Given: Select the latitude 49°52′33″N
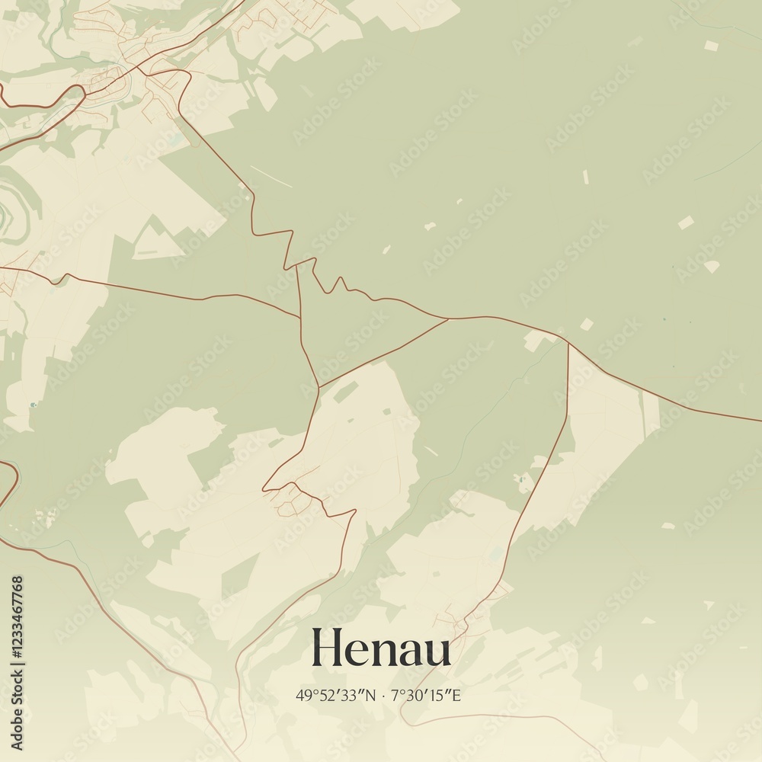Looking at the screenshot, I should pyautogui.click(x=336, y=695).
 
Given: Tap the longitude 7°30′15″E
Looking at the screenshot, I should pyautogui.click(x=427, y=695).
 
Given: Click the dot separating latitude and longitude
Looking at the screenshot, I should pyautogui.click(x=383, y=695).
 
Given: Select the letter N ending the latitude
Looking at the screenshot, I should pyautogui.click(x=371, y=695).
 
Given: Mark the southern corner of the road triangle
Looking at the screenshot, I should pyautogui.click(x=319, y=386).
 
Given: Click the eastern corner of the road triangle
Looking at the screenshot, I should pyautogui.click(x=448, y=319).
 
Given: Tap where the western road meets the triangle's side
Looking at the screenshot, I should pyautogui.click(x=299, y=318).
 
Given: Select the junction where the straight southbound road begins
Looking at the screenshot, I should pyautogui.click(x=568, y=344).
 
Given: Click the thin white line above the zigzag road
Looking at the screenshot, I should pyautogui.click(x=271, y=176).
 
